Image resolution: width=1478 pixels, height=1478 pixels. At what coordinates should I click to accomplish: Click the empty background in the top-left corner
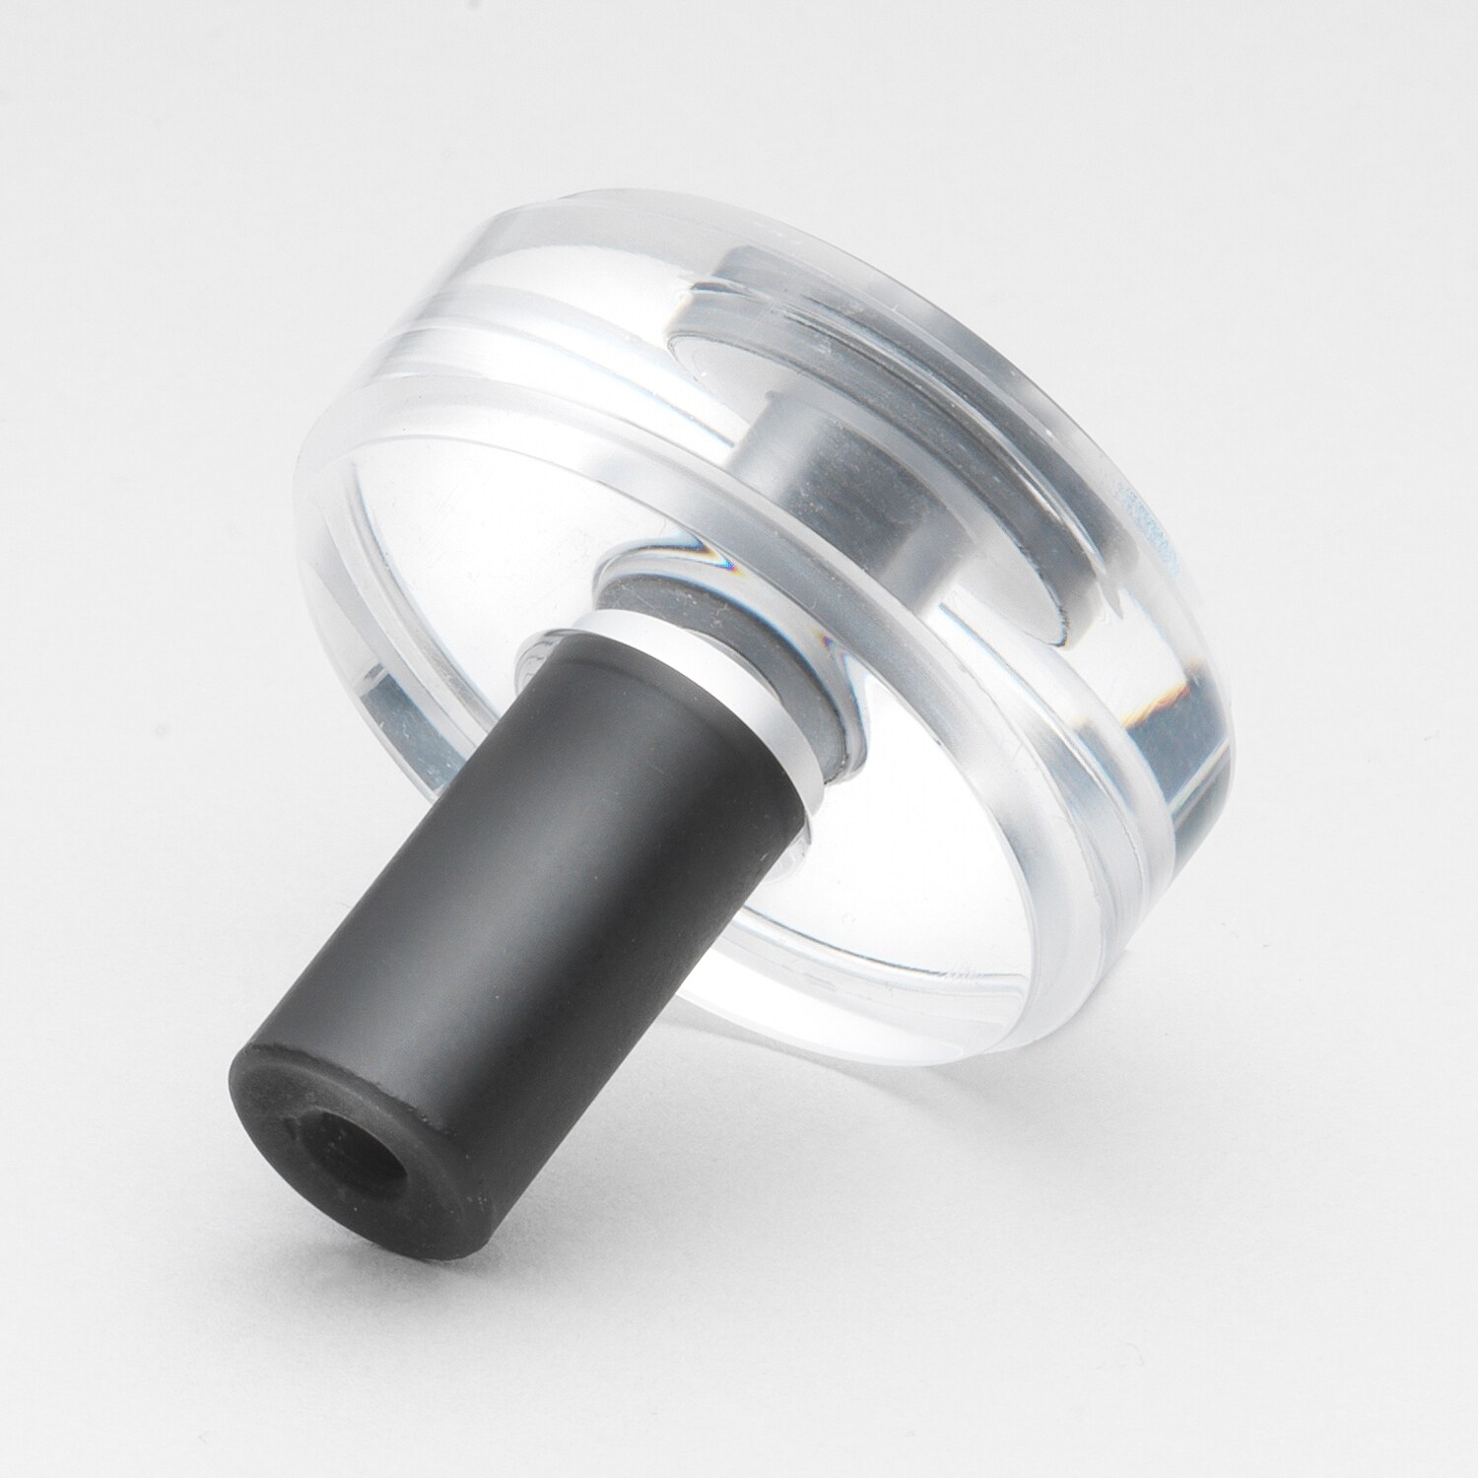pos(99,99)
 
